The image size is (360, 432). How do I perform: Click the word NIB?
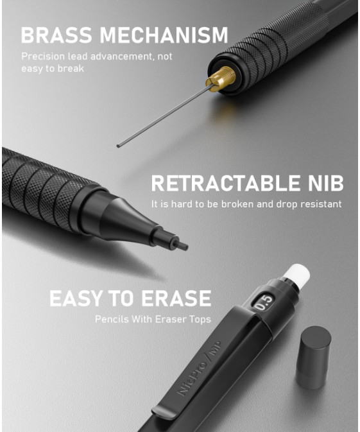[x=325, y=183]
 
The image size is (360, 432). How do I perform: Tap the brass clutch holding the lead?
[x=221, y=78]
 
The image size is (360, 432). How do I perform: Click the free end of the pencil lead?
[x=118, y=146]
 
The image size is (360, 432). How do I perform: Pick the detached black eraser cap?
[x=313, y=358]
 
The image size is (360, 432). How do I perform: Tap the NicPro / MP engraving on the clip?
[x=200, y=368]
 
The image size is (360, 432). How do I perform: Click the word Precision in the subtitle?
[x=43, y=56]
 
